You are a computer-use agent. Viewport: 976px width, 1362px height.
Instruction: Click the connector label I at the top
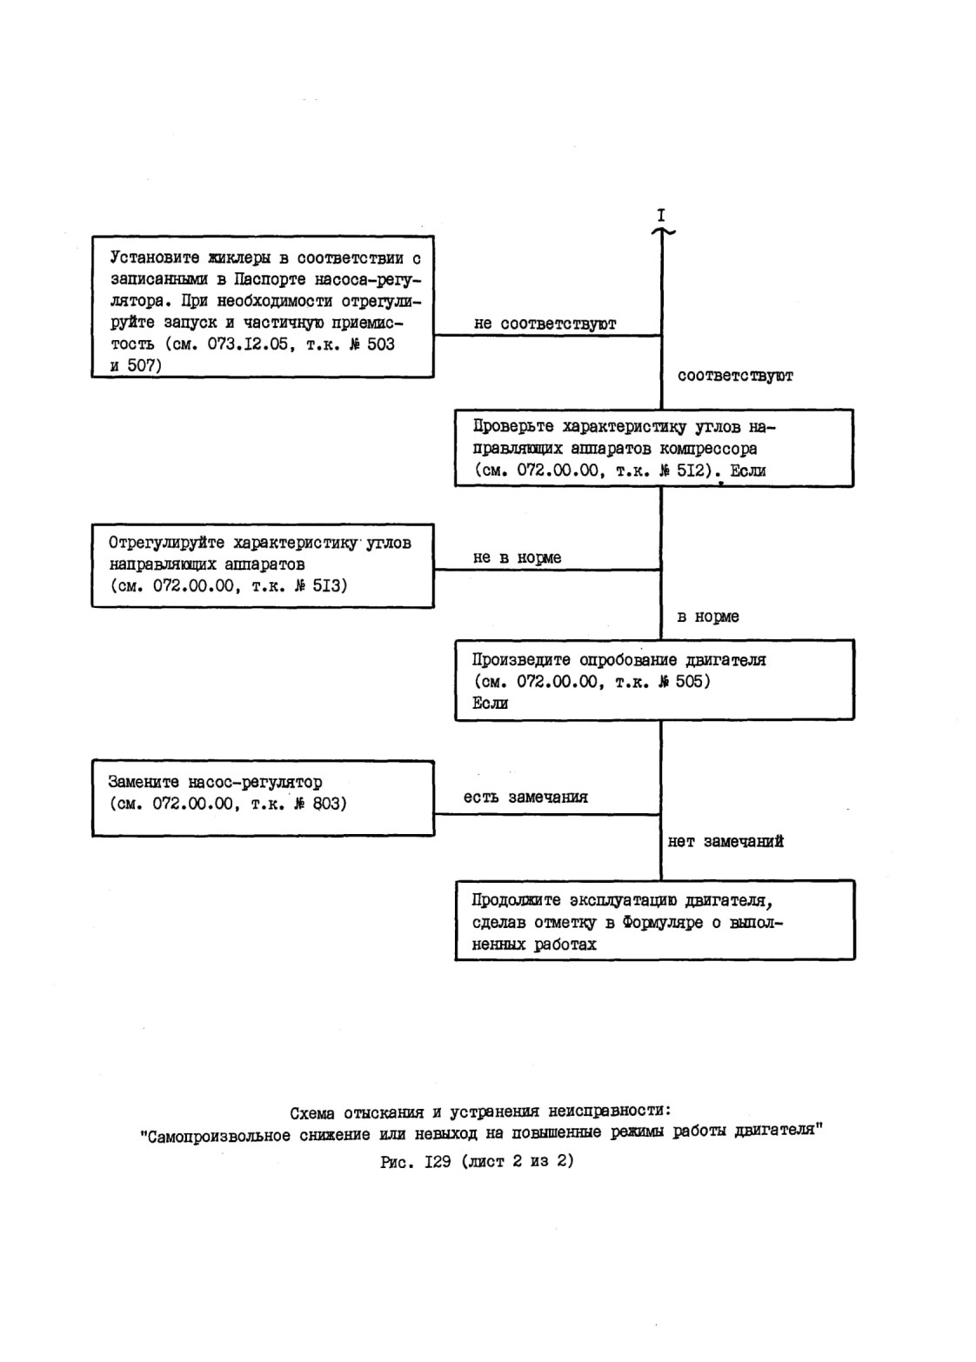pos(661,215)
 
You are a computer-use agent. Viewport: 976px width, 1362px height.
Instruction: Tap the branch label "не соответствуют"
pos(545,324)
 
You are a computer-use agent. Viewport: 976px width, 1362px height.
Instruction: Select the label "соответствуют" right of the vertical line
pos(735,376)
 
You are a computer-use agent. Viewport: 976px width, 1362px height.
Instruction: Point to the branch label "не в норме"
pos(518,557)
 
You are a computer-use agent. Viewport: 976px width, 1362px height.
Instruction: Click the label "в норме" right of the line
pos(708,617)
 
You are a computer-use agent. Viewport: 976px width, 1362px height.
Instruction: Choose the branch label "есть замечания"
pos(526,798)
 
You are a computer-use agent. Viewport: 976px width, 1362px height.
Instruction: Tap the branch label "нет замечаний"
pos(725,842)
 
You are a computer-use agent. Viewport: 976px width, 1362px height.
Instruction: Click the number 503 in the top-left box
pos(381,344)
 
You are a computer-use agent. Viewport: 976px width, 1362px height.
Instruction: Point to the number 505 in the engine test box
pos(688,681)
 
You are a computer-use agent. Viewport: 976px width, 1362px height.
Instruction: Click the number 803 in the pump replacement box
pos(326,804)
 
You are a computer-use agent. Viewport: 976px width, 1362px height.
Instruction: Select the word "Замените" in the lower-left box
pos(144,782)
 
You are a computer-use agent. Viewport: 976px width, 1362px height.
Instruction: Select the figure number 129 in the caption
pos(438,1161)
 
